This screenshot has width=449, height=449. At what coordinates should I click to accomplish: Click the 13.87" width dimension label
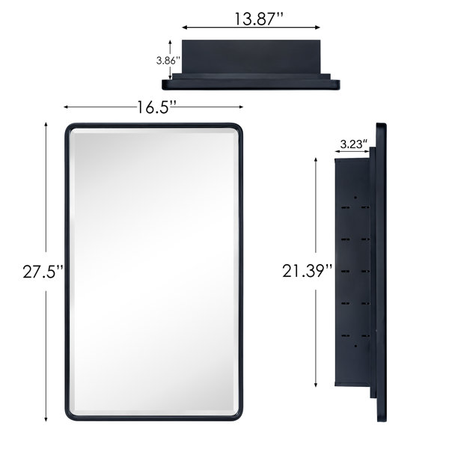tap(259, 19)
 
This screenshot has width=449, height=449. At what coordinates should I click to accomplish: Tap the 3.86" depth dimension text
tap(168, 61)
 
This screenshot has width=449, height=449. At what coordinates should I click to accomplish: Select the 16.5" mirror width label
tap(156, 107)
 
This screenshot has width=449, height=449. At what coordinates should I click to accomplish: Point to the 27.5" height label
tap(43, 272)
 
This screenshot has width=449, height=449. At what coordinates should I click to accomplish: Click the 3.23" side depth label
tap(354, 144)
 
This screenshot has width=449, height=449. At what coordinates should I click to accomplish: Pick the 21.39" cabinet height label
tap(308, 271)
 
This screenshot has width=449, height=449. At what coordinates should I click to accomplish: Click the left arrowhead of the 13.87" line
tap(185, 28)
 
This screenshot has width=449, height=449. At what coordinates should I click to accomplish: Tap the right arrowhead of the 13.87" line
tap(317, 28)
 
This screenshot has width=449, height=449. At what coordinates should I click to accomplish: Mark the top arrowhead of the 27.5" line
tap(46, 125)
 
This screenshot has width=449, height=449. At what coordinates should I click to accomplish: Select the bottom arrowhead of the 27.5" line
tap(46, 419)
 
